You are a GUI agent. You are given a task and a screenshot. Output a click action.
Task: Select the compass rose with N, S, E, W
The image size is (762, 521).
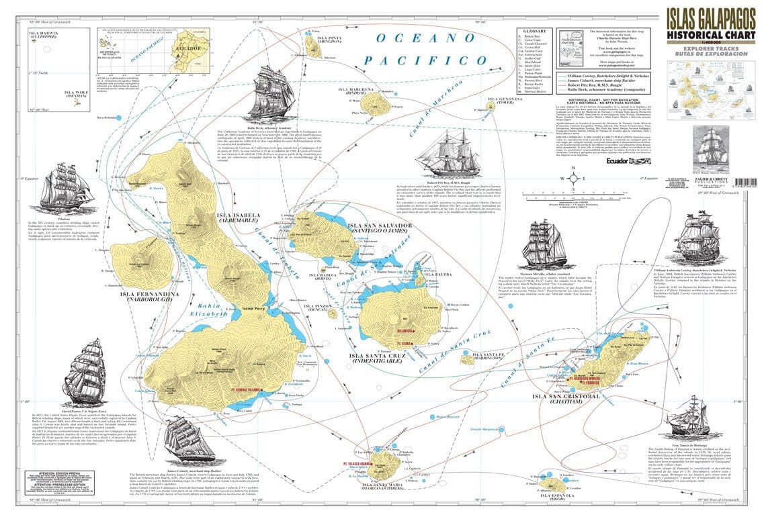point(573,178)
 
